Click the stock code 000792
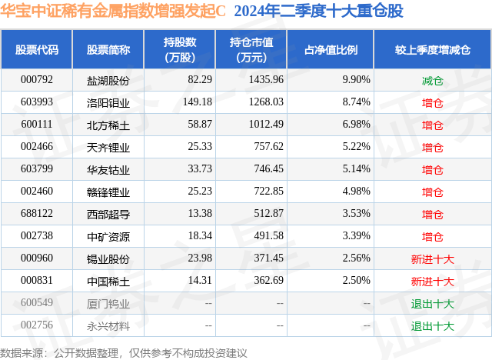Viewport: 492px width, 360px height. [x=37, y=80]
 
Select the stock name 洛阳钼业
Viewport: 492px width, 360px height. [x=108, y=102]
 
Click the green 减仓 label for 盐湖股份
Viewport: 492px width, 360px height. [x=433, y=80]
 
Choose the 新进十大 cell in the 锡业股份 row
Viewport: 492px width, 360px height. [x=433, y=258]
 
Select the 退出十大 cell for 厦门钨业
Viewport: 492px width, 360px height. [x=433, y=303]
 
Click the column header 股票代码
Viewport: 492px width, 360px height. [x=37, y=50]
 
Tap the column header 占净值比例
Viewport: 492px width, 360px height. [x=336, y=50]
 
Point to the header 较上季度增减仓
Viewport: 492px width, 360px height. [x=433, y=50]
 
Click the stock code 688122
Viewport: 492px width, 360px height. [x=37, y=214]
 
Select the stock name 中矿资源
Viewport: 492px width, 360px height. [x=108, y=236]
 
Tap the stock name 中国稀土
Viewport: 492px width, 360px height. [x=108, y=281]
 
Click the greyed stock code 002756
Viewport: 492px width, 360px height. [x=37, y=325]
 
